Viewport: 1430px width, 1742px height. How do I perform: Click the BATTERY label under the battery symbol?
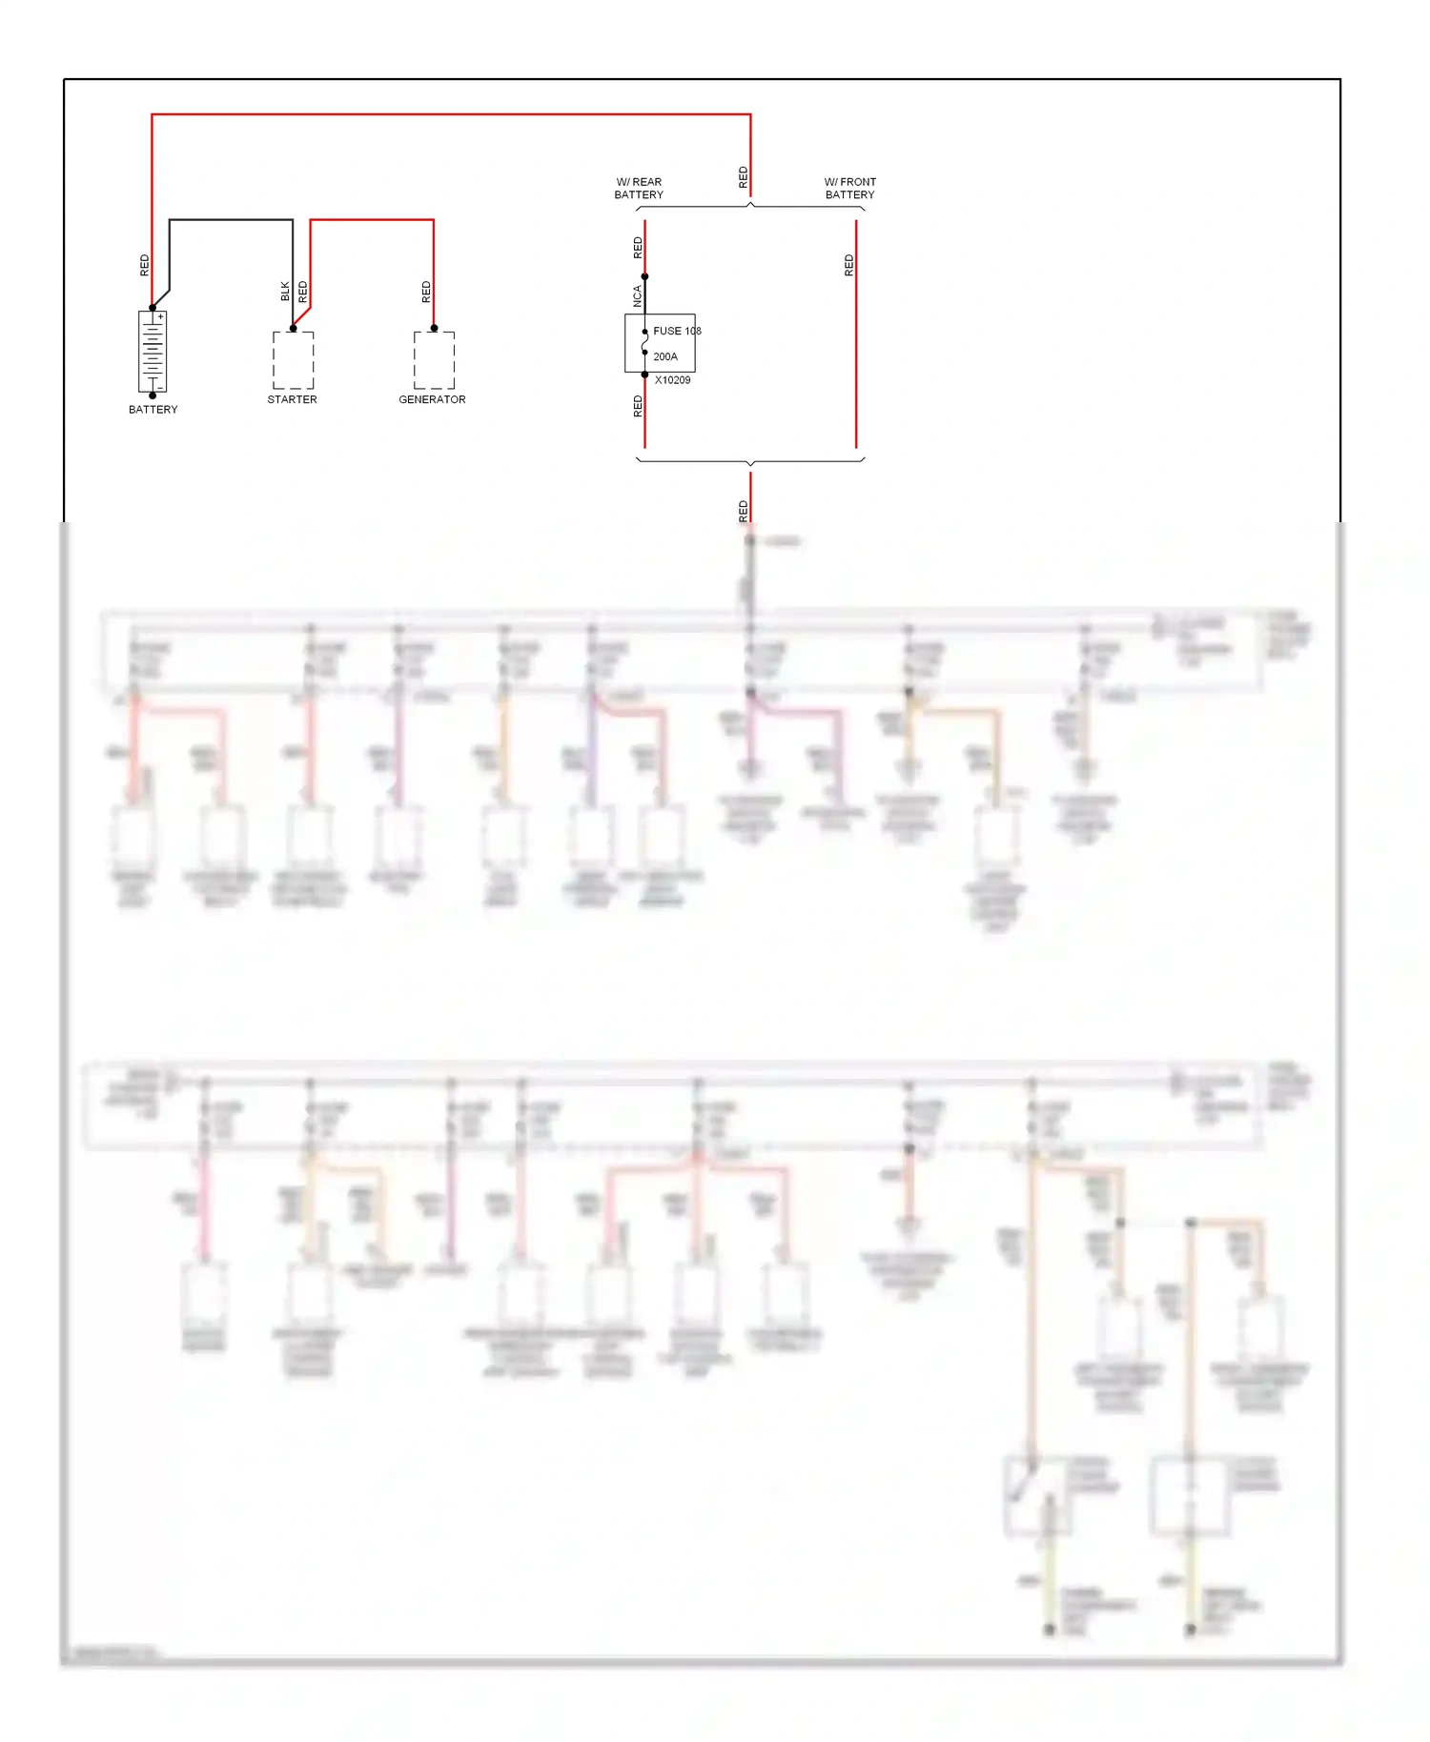point(153,410)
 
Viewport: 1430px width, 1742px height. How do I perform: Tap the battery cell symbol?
point(153,352)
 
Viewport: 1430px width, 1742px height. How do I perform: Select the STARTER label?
point(292,399)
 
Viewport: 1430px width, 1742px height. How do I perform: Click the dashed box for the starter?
point(293,360)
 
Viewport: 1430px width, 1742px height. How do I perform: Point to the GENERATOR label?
point(432,399)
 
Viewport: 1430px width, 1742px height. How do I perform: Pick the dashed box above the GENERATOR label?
point(434,360)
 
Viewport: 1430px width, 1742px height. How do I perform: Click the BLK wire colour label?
point(285,292)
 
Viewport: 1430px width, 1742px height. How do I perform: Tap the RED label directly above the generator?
point(426,292)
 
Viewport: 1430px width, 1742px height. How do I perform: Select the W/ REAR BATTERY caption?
point(639,188)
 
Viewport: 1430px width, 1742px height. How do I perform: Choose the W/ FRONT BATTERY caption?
point(849,188)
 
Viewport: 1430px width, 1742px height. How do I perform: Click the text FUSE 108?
point(677,331)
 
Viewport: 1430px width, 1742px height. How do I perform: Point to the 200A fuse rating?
point(665,356)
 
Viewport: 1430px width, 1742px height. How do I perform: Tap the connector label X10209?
point(672,379)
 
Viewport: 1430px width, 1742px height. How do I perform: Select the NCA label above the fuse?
point(638,296)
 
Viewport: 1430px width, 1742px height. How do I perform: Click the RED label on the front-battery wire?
point(848,266)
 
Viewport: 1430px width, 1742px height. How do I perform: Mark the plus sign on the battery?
point(161,316)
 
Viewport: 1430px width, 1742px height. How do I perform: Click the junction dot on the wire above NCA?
point(644,276)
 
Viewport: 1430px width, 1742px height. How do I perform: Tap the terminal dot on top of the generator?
point(434,328)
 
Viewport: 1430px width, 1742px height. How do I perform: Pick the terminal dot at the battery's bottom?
point(153,395)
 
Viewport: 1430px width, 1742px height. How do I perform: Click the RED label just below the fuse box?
point(638,407)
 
